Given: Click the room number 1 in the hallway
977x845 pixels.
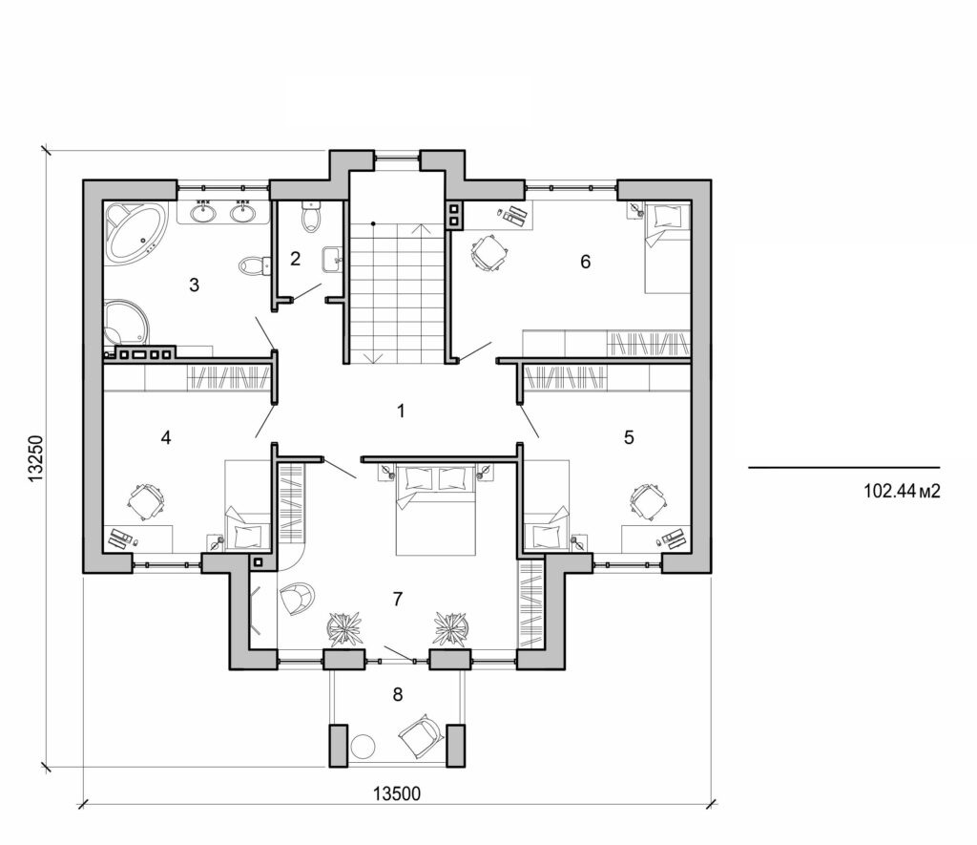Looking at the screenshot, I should click(402, 412).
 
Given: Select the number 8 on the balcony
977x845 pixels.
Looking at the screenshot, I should click(398, 694).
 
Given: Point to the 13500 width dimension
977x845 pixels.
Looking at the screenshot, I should click(398, 793).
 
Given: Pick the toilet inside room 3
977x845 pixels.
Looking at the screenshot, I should click(249, 264).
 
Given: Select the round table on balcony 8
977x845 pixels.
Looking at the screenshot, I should click(364, 746).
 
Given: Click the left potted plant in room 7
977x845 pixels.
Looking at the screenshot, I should click(345, 627).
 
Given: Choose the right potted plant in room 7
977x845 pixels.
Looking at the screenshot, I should click(450, 627).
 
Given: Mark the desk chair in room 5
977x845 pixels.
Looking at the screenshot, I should click(648, 500).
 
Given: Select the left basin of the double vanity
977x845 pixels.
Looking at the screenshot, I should click(203, 212).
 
